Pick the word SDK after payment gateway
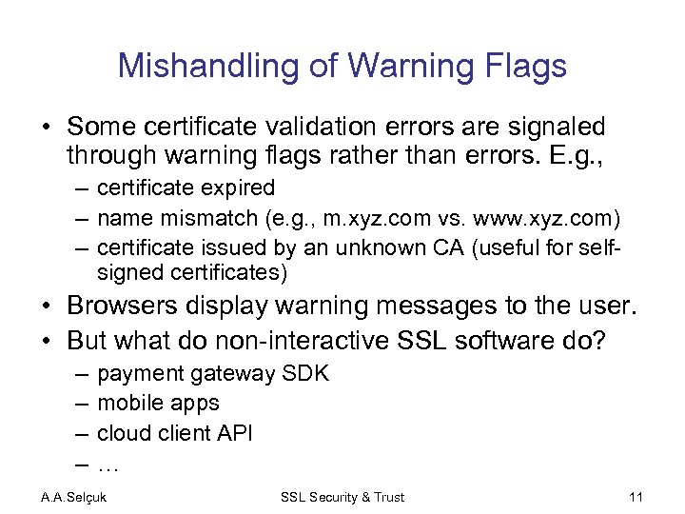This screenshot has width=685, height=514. (x=305, y=373)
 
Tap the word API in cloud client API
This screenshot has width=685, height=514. (x=233, y=433)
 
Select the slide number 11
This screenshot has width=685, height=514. (x=636, y=496)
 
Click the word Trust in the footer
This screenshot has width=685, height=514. (x=386, y=497)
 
